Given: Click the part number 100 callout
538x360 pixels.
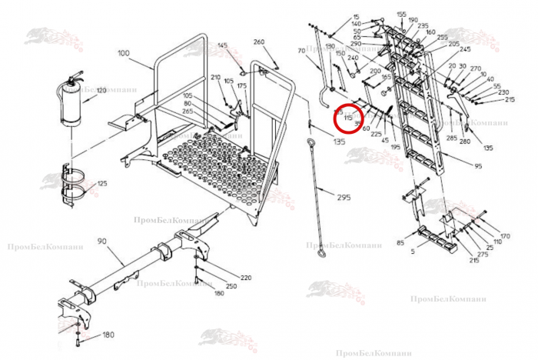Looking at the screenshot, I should click(x=125, y=53).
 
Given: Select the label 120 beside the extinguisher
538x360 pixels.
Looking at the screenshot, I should click(x=101, y=91).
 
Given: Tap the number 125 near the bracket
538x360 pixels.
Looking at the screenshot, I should click(x=102, y=184).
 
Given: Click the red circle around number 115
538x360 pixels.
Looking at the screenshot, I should click(x=348, y=118).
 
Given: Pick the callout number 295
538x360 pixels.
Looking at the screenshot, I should click(x=343, y=197).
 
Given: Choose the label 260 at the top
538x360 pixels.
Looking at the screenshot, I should click(x=258, y=42).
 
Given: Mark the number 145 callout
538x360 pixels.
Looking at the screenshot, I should click(x=223, y=46).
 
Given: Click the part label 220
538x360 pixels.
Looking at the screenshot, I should click(x=246, y=277).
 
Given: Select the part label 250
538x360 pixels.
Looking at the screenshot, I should click(x=231, y=286).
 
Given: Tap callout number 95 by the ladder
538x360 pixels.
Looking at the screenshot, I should click(x=478, y=166).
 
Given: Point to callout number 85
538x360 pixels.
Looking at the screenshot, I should click(x=400, y=244).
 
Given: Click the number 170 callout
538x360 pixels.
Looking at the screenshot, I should click(x=505, y=235).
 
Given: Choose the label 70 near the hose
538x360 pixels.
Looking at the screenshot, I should click(x=301, y=51).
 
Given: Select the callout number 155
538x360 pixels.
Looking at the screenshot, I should click(x=401, y=15).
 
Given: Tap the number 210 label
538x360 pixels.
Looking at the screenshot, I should click(x=215, y=78).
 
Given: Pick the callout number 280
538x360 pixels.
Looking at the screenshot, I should click(x=464, y=142).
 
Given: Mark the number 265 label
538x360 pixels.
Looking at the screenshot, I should click(x=188, y=112).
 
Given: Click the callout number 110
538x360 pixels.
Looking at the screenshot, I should click(x=498, y=242).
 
